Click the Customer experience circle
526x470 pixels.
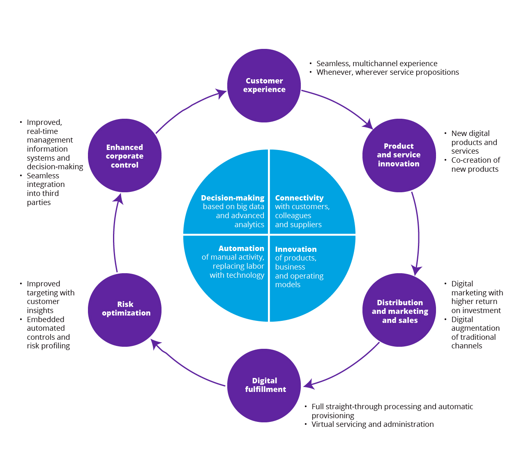click(x=264, y=85)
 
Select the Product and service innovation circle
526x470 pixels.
click(x=399, y=155)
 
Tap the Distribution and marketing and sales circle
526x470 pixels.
click(x=399, y=310)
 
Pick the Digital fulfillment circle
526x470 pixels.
click(x=264, y=385)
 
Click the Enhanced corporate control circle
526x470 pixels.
click(x=125, y=156)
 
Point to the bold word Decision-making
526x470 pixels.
click(x=233, y=198)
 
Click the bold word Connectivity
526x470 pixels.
click(x=299, y=198)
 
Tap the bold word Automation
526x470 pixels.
click(x=241, y=249)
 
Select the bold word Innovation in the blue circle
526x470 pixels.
click(x=296, y=249)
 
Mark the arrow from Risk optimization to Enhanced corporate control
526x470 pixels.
click(x=115, y=234)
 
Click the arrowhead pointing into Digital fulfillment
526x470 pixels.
click(x=308, y=385)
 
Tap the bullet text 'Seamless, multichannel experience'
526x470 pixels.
click(x=377, y=64)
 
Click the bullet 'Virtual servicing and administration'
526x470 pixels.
click(x=372, y=424)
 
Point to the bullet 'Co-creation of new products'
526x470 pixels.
click(x=475, y=165)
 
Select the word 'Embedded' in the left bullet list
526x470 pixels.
click(x=46, y=320)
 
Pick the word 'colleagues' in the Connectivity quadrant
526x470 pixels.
click(x=293, y=216)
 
